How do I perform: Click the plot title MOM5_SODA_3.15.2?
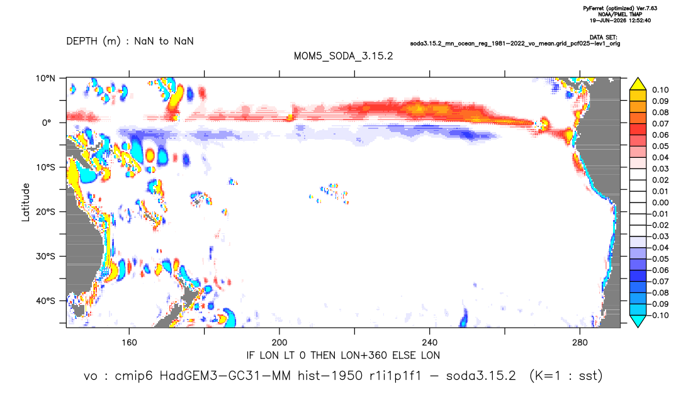click(x=343, y=56)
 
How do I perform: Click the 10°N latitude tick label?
click(x=45, y=79)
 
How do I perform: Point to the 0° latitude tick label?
click(x=47, y=123)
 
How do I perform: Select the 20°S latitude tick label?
click(x=45, y=211)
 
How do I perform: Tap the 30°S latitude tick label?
click(x=45, y=256)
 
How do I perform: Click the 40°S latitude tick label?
click(x=45, y=301)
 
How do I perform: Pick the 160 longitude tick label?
click(x=129, y=343)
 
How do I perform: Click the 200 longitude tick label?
click(x=279, y=343)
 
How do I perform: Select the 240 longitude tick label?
click(x=430, y=343)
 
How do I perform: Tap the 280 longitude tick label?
click(x=580, y=343)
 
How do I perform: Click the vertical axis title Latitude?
click(x=26, y=203)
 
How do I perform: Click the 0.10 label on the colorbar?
click(x=660, y=90)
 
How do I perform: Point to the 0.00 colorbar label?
click(x=660, y=203)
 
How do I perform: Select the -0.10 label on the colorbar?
click(x=658, y=315)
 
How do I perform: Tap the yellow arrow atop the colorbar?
click(x=638, y=84)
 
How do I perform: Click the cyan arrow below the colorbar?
click(x=638, y=321)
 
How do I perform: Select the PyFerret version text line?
click(x=620, y=8)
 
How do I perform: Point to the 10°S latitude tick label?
click(x=45, y=167)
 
